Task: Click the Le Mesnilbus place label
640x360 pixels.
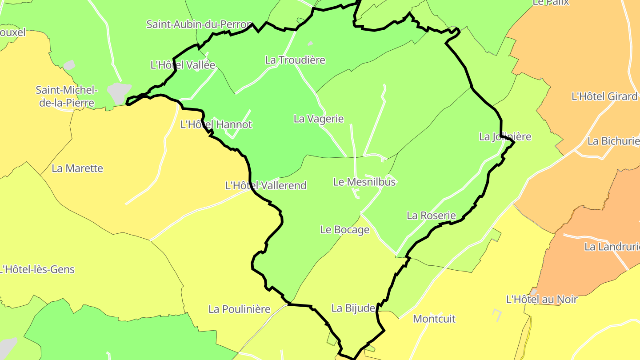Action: click(364, 182)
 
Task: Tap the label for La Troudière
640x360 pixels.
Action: click(295, 60)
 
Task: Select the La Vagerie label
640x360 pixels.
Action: click(319, 119)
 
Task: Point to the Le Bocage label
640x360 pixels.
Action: click(345, 230)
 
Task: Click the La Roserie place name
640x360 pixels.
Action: click(431, 216)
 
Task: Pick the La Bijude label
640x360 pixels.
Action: click(353, 308)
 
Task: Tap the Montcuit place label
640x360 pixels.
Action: click(434, 319)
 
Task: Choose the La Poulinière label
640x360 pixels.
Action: click(240, 309)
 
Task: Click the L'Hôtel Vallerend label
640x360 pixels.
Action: click(266, 185)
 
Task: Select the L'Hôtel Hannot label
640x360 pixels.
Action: click(216, 124)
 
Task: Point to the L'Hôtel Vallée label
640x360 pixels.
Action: click(183, 65)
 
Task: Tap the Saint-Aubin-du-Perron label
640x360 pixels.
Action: click(200, 24)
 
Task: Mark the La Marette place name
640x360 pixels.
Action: click(77, 168)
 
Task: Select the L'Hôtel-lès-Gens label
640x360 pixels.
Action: click(37, 269)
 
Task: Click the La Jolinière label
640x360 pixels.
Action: click(505, 136)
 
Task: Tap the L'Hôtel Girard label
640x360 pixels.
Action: click(604, 96)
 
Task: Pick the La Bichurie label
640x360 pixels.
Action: click(613, 141)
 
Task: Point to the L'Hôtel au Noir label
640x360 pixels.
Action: click(541, 300)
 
